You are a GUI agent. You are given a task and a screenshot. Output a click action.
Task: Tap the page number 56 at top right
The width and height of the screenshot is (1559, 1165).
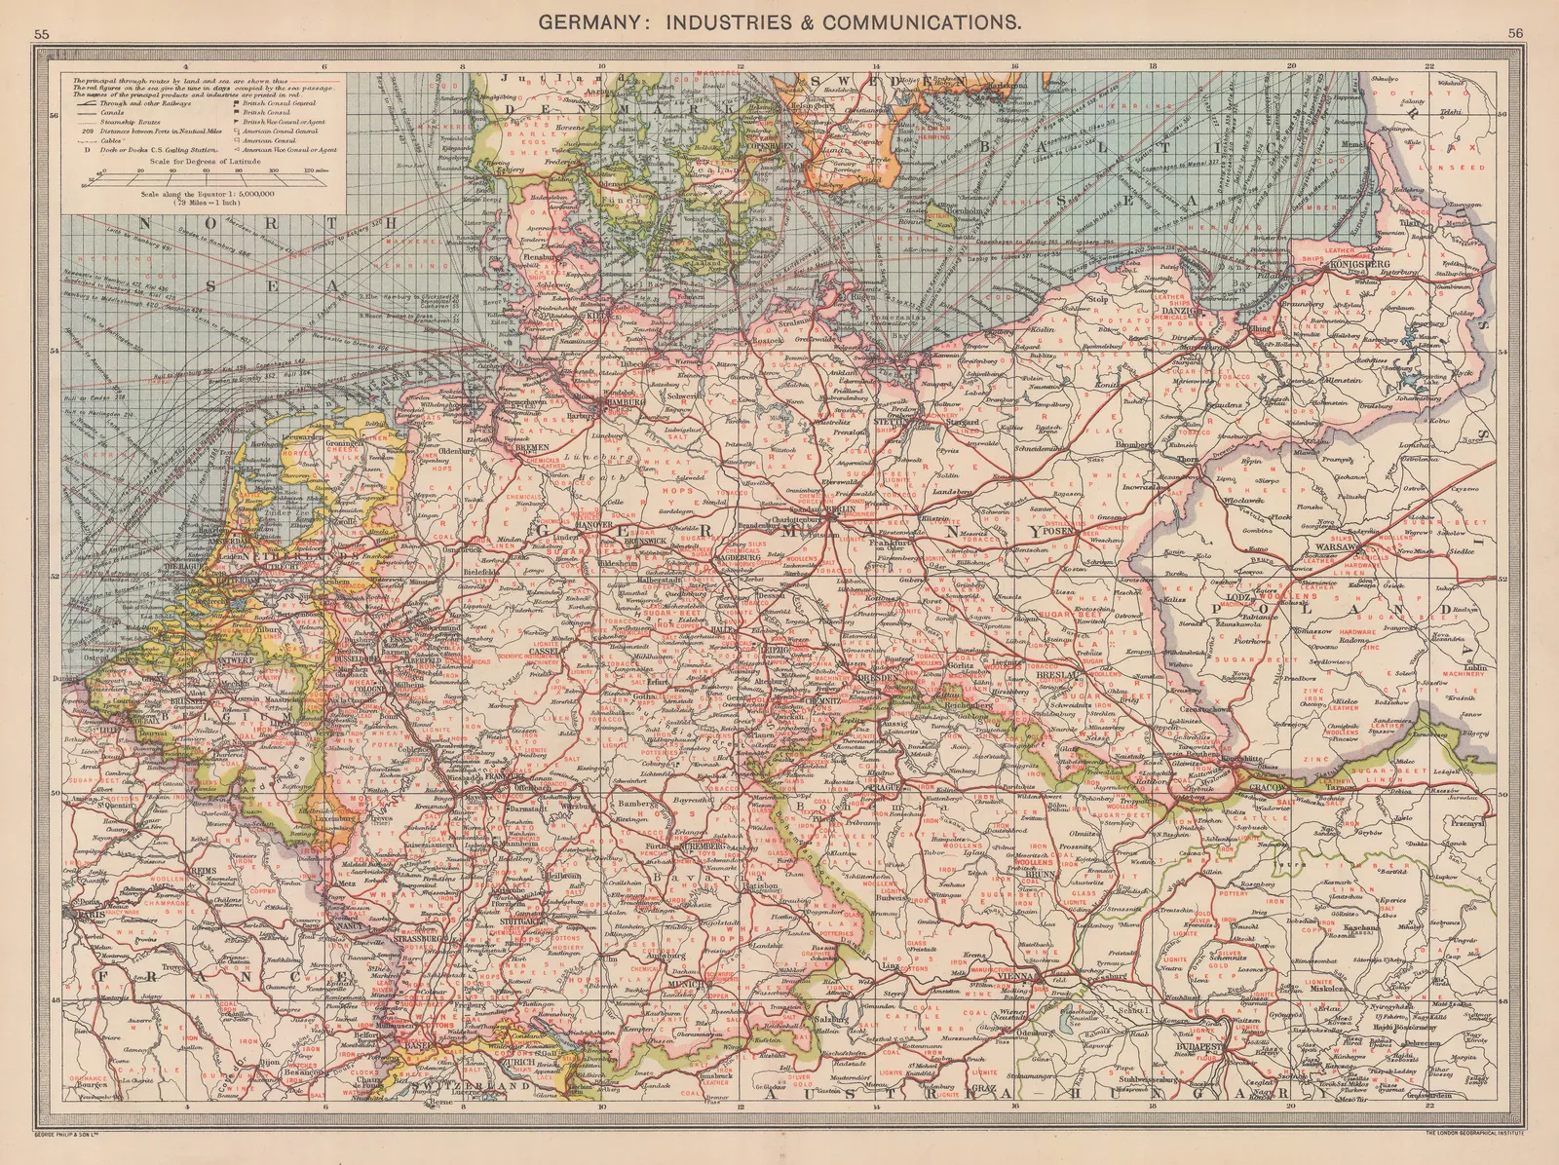(1515, 33)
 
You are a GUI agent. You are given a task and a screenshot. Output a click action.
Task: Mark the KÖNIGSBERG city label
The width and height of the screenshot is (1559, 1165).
(1356, 265)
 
